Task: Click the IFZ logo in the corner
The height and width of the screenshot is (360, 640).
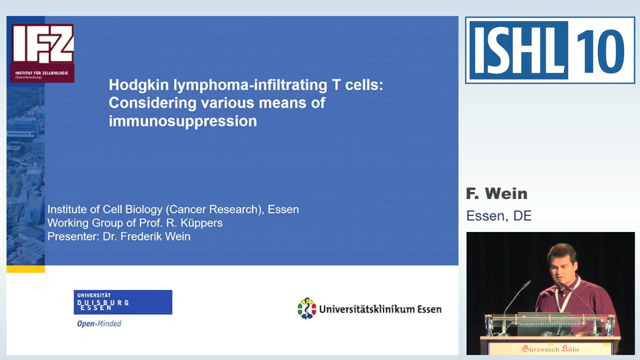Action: (42, 52)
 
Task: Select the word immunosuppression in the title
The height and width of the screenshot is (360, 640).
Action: (182, 121)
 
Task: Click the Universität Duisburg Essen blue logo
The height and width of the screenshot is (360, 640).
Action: (123, 302)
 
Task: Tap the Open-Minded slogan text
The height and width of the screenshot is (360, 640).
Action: (99, 323)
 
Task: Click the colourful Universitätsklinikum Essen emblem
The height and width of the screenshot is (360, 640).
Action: (306, 308)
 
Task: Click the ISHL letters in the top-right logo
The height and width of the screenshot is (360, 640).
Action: (518, 50)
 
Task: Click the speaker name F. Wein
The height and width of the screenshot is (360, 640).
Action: (496, 193)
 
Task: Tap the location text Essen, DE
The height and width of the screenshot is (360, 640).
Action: (498, 216)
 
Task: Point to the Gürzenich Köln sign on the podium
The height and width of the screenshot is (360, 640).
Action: (550, 348)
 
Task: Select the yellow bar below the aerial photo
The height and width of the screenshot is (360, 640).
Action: (25, 269)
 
